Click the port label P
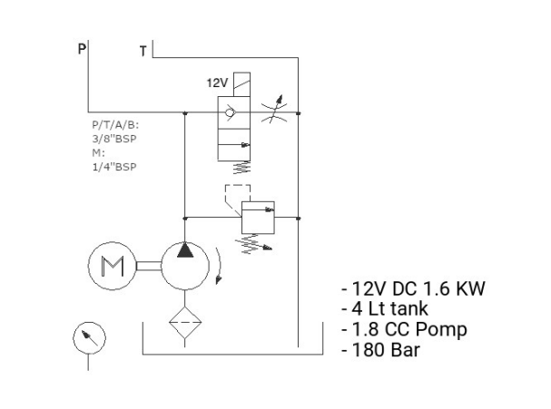(x=82, y=48)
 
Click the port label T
(x=143, y=52)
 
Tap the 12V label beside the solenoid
(x=217, y=83)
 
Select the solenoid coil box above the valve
(x=241, y=84)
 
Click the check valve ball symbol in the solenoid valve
(x=230, y=112)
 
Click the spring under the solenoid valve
(x=242, y=167)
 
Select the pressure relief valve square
(x=258, y=218)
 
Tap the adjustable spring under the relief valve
(x=253, y=243)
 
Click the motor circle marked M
(x=112, y=266)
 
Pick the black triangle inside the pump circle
(x=185, y=250)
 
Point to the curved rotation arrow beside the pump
(x=220, y=266)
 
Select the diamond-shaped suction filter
(x=185, y=322)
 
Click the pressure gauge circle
(x=89, y=338)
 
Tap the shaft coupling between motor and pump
(x=149, y=266)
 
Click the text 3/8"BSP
(x=114, y=139)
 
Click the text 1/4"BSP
(x=114, y=167)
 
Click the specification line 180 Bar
(x=381, y=350)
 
